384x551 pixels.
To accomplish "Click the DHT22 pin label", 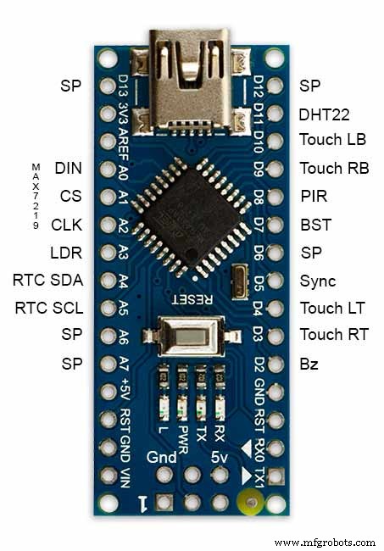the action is (324, 115).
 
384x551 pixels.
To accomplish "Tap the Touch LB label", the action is (332, 140).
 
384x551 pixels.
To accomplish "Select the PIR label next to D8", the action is (314, 196).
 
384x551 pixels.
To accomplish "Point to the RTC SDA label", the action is (48, 280).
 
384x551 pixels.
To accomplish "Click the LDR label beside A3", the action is (66, 253).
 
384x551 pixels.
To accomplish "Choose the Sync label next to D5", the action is (318, 281).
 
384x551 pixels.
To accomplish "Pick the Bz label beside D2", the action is (309, 364).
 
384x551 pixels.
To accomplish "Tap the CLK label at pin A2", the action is (66, 225).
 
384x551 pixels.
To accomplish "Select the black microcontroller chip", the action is (191, 218).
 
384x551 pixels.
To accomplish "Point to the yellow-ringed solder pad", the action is (250, 502).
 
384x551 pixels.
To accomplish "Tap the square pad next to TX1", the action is (275, 476).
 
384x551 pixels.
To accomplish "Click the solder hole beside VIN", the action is (109, 475).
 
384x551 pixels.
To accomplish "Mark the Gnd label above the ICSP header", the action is (162, 457).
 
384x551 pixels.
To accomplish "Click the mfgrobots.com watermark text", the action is (325, 543).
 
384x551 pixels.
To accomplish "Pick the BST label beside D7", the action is (316, 225).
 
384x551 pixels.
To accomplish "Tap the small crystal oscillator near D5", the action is (240, 283).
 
